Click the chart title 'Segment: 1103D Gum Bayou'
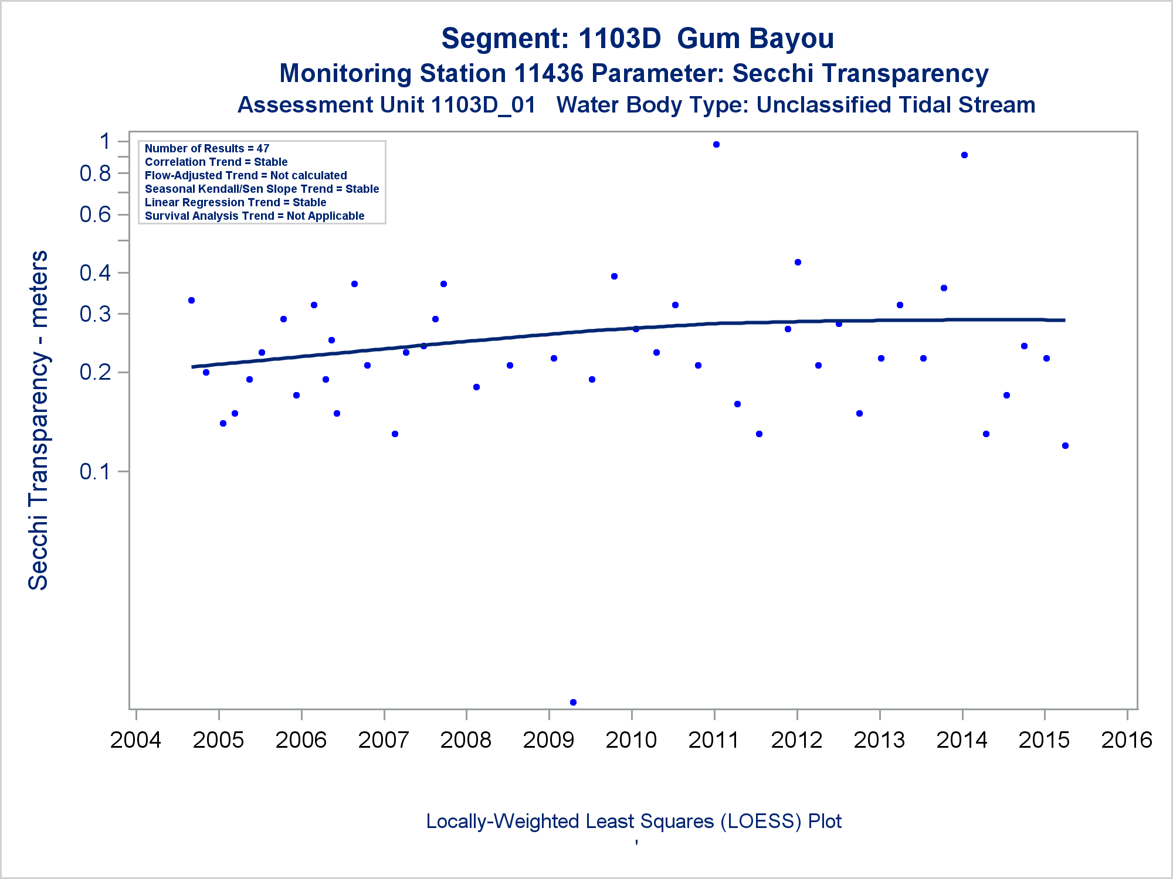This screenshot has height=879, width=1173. [638, 39]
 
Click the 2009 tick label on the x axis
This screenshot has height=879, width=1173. [548, 740]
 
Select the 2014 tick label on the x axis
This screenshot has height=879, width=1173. [962, 740]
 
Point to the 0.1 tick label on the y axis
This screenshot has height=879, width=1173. [95, 472]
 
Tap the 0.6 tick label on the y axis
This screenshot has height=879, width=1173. [95, 214]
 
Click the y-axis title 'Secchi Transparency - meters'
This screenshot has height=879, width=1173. [39, 420]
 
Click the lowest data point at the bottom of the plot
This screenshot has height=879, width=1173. [573, 702]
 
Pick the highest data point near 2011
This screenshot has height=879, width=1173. [716, 145]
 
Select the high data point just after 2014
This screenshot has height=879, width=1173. [964, 155]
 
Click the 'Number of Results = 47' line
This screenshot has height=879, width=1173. [207, 149]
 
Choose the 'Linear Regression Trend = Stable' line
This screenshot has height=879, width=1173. [235, 203]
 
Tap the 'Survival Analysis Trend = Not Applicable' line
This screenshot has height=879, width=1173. [255, 216]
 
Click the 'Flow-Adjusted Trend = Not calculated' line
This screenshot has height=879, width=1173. [246, 176]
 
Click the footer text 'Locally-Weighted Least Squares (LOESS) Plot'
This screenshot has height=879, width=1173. [633, 822]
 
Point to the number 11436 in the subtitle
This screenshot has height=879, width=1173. [548, 74]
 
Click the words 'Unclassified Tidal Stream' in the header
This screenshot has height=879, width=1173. [896, 105]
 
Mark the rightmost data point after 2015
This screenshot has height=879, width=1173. [1065, 446]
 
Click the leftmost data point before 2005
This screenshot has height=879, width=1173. [191, 301]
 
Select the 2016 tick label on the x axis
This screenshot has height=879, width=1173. [1127, 740]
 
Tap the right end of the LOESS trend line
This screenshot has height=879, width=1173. [1063, 321]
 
